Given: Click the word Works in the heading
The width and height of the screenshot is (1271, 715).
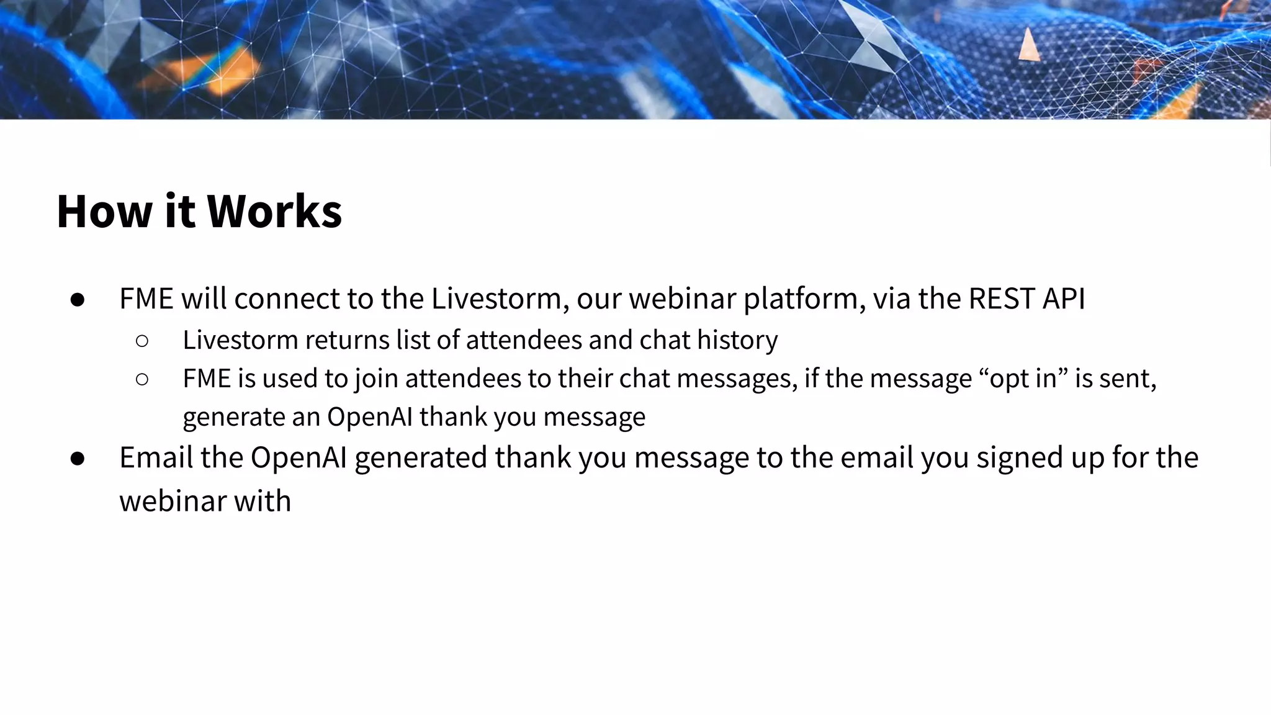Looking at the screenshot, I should coord(274,212).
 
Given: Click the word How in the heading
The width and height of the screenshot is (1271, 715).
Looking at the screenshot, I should coord(104,212).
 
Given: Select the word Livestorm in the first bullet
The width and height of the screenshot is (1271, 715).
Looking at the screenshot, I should coord(496,299).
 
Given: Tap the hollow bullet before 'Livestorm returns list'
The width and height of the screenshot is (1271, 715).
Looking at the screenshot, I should coord(142,341).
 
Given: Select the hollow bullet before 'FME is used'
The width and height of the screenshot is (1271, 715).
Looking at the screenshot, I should coord(142,379).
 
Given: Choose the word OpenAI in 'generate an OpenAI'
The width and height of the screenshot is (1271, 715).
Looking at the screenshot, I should coord(369,416).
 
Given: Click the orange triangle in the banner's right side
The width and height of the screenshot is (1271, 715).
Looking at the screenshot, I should coord(1028,45).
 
